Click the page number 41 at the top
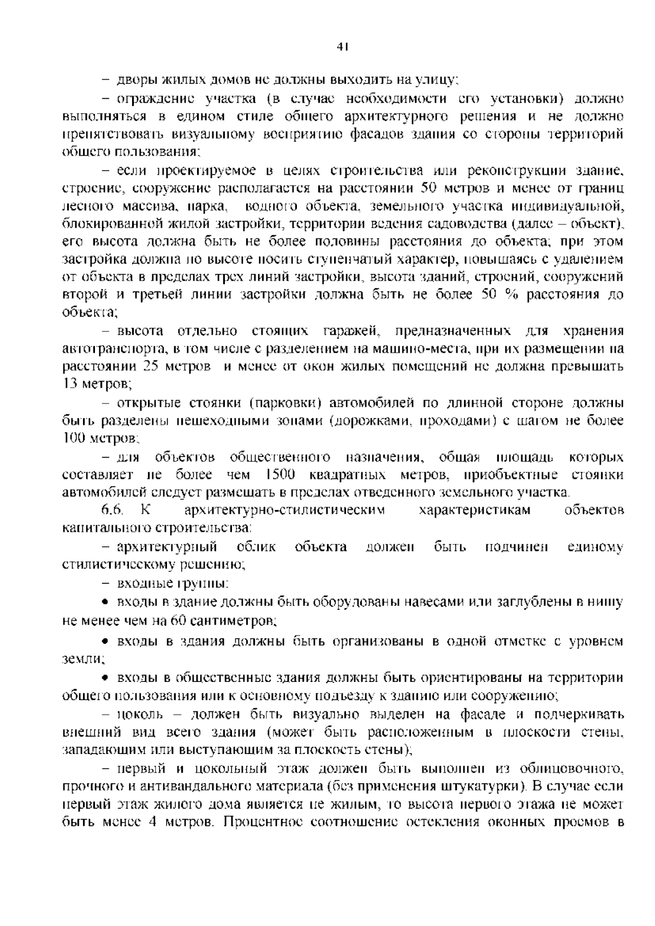coord(343,48)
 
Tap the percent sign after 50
coord(510,295)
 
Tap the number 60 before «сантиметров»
coord(179,620)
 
